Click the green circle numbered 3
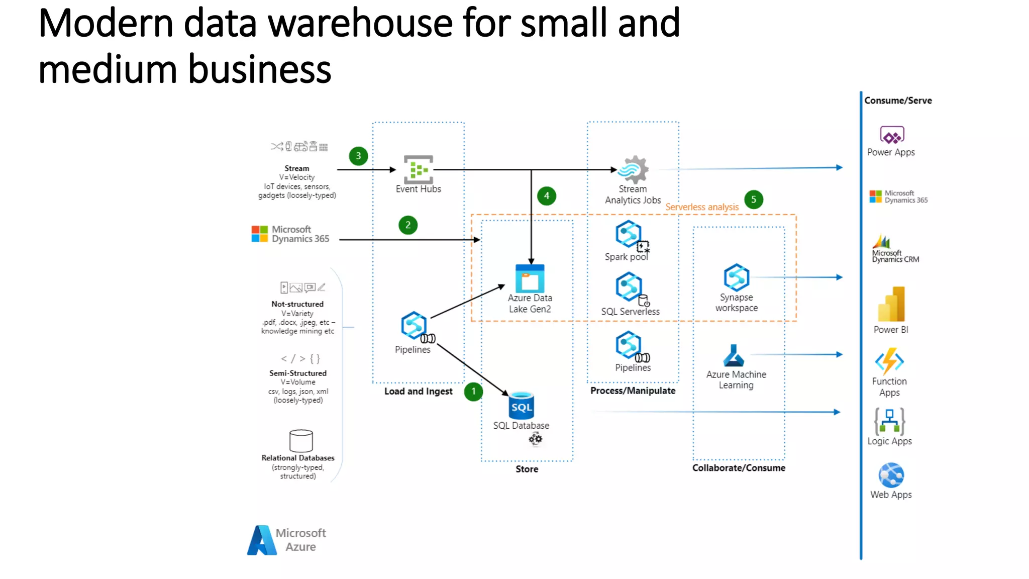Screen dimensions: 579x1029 click(x=358, y=156)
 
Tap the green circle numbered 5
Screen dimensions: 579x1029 click(x=753, y=200)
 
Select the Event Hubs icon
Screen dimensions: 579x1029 click(x=418, y=169)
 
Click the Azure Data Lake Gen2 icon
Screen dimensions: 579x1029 click(x=530, y=278)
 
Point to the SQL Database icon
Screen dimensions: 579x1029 click(x=521, y=406)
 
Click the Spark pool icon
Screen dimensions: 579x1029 click(x=629, y=235)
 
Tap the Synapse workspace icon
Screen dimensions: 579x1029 click(x=737, y=277)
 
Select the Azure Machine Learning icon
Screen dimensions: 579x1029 click(x=734, y=355)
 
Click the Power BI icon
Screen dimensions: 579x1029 click(x=891, y=304)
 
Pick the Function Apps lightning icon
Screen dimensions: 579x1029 click(x=889, y=361)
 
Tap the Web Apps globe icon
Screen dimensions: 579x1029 click(x=891, y=475)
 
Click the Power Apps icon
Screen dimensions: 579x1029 click(x=892, y=135)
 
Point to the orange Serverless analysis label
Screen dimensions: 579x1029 click(x=702, y=207)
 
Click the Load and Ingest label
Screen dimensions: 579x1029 click(x=418, y=391)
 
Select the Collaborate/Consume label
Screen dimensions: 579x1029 click(x=739, y=468)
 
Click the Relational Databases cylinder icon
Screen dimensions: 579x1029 click(x=301, y=441)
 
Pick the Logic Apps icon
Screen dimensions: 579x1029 click(x=889, y=421)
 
